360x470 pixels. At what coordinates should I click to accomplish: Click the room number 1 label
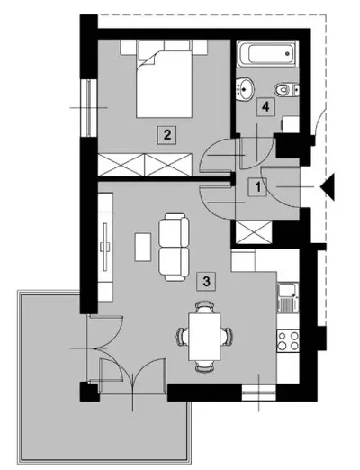coord(257,187)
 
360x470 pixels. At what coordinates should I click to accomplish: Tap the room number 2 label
coord(167,135)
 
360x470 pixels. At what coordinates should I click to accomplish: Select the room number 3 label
coord(206,281)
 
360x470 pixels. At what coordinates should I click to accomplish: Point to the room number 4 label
coord(265,106)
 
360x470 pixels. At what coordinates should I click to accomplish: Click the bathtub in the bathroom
coord(267,53)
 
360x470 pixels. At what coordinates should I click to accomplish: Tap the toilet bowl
coord(286,89)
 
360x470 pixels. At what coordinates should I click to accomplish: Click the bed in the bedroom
coord(164,78)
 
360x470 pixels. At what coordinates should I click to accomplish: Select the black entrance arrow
coord(328,187)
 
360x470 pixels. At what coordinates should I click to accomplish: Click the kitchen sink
coord(288,297)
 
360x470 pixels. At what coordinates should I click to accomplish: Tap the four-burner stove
coord(288,340)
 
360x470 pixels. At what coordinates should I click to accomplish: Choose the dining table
coord(204,337)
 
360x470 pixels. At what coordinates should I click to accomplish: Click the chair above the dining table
coord(204,307)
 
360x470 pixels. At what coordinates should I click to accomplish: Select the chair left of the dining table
coord(183,337)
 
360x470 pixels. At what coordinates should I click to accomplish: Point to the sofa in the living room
coord(174,247)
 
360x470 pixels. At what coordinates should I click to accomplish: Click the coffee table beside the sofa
coord(143,248)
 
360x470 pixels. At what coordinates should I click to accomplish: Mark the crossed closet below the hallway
coord(254,232)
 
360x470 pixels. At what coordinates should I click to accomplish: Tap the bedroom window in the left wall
coord(89,108)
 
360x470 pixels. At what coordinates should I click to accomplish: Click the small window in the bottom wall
coord(258,393)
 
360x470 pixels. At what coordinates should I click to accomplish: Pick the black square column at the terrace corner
coord(89,392)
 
